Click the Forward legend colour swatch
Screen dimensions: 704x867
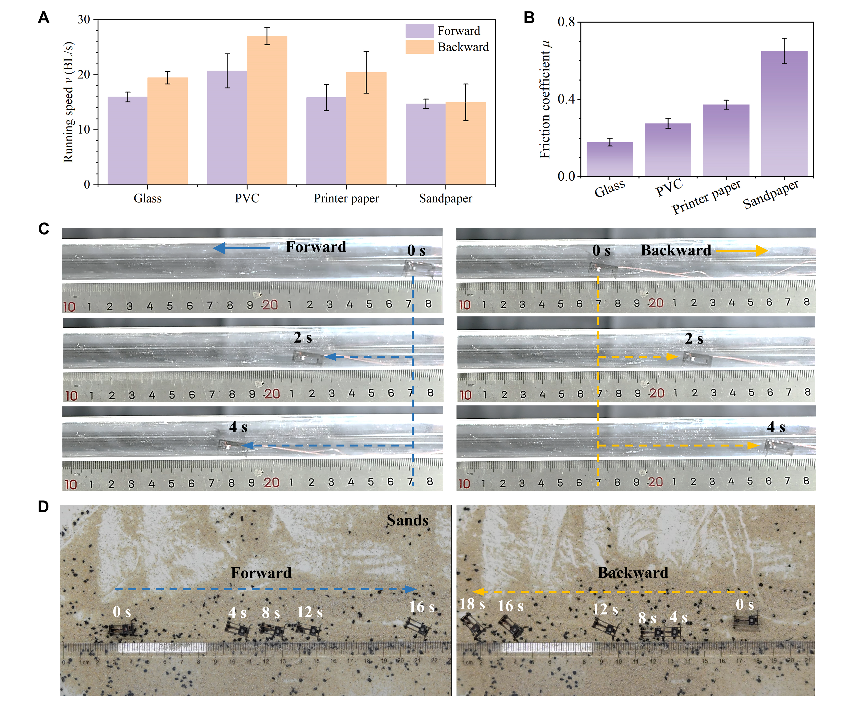420,31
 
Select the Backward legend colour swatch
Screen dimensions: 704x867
420,47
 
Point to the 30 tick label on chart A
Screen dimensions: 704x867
84,20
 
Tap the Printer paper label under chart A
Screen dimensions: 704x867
346,198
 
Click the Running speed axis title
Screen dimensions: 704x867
68,102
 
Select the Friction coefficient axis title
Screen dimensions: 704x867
545,99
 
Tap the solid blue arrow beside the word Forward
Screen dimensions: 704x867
241,248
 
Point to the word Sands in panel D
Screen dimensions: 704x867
407,520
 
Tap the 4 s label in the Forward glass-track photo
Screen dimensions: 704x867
238,427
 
